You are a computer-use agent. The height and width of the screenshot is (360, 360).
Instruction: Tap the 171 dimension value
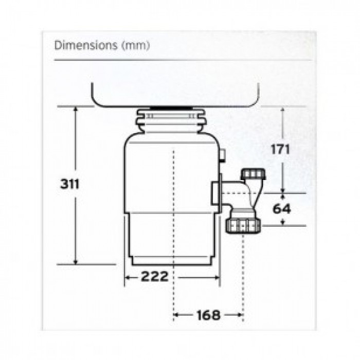pyautogui.click(x=280, y=150)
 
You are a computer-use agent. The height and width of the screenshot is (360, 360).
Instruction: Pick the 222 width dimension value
pyautogui.click(x=154, y=276)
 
